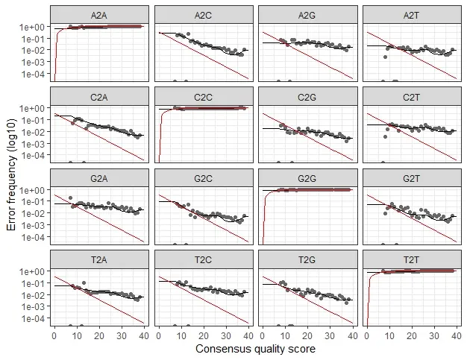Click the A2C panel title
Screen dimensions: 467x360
[203, 15]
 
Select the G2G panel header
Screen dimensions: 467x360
[307, 179]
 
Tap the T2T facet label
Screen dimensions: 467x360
[411, 259]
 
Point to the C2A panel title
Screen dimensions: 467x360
[99, 97]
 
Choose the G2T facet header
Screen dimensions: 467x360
[411, 179]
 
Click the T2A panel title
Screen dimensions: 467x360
[99, 259]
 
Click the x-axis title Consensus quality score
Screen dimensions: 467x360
[256, 349]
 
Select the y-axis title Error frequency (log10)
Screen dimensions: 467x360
[11, 174]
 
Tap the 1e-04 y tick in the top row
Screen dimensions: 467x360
[34, 74]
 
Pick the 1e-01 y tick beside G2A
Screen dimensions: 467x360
[34, 201]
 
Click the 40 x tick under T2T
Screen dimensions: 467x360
[457, 336]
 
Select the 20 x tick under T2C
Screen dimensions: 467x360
[204, 336]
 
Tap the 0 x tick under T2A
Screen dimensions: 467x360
[54, 336]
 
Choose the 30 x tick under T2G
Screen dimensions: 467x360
[330, 336]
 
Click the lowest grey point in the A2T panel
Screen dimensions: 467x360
[386, 57]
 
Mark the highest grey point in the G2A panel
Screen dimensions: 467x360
[71, 198]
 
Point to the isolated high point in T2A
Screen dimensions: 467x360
[84, 282]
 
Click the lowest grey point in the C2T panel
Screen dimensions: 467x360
[386, 137]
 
